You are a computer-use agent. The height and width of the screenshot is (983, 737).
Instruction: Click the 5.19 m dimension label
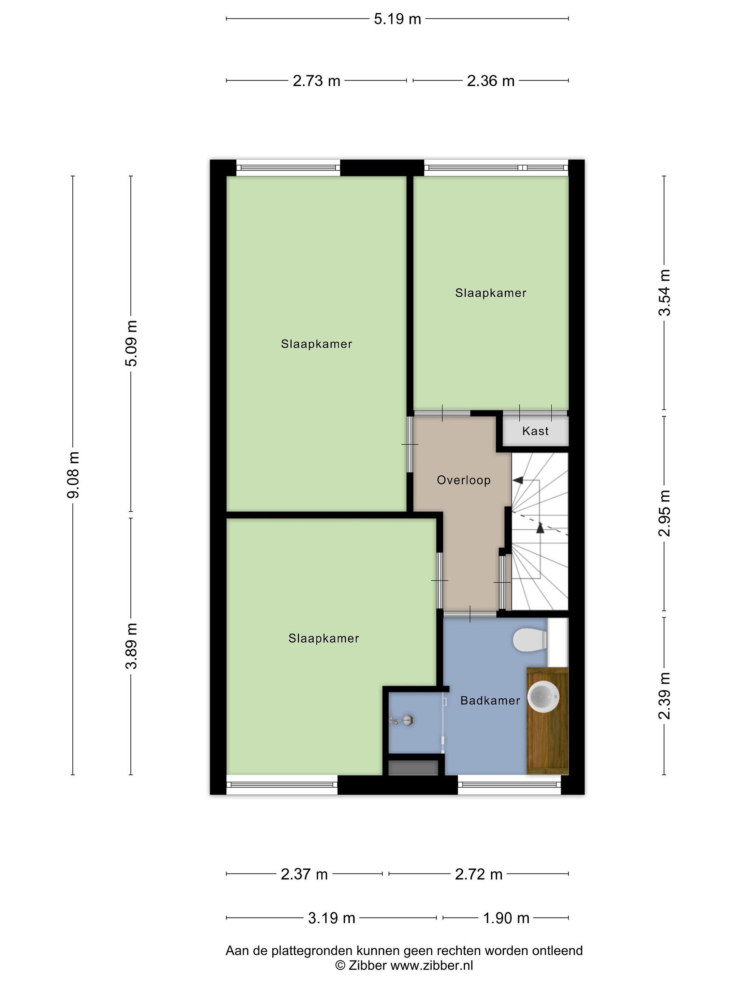click(397, 19)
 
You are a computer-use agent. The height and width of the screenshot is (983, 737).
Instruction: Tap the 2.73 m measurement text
click(316, 81)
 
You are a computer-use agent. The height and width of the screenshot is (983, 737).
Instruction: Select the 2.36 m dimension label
click(490, 81)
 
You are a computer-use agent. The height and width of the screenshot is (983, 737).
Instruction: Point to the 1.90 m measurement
click(506, 918)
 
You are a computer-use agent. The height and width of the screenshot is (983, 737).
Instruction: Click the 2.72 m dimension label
click(478, 874)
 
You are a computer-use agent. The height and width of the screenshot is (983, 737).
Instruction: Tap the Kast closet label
click(535, 431)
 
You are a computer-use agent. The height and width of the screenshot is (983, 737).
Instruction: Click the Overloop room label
click(464, 480)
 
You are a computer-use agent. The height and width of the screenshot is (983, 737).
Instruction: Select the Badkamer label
click(490, 701)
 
